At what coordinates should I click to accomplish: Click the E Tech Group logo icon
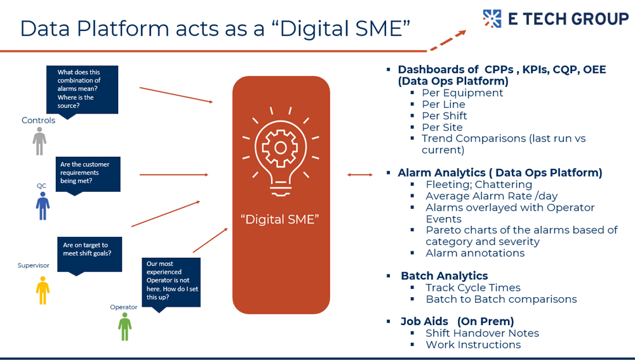pos(492,18)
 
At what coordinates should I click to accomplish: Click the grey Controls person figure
pos(39,141)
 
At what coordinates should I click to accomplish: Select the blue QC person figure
pos(43,205)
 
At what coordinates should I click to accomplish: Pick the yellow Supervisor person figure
pos(43,290)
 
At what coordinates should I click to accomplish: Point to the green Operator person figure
pos(125,326)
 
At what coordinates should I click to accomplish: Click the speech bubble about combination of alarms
pos(82,90)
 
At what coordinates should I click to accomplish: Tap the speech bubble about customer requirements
pos(88,173)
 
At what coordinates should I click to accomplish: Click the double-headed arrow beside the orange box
pos(360,175)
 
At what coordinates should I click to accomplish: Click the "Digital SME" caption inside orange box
pos(280,220)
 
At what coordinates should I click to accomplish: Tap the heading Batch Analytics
pos(444,276)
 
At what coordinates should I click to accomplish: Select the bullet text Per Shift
pos(444,116)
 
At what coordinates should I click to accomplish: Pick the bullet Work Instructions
pos(473,345)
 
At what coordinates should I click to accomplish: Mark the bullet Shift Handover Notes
pos(482,333)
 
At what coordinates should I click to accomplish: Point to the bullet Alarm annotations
pos(475,253)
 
